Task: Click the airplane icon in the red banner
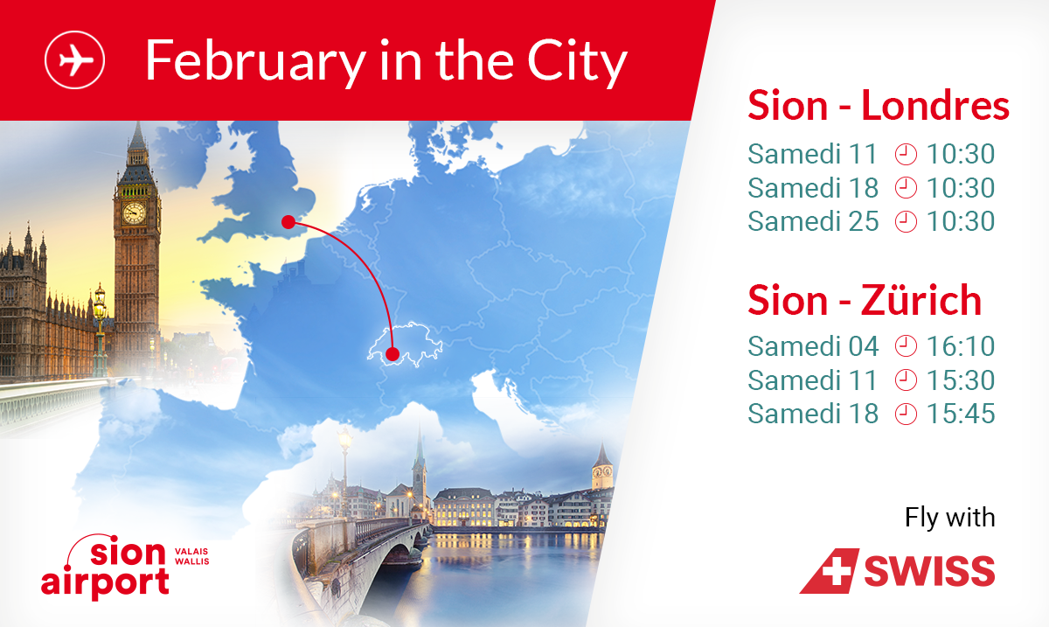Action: [74, 60]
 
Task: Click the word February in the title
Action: [255, 62]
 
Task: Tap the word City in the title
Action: [577, 62]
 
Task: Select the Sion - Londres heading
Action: [878, 106]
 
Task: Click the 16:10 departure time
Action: [961, 346]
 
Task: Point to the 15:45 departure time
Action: [961, 414]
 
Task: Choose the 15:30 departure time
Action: [961, 380]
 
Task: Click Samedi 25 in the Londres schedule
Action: [813, 221]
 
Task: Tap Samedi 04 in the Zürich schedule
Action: [813, 346]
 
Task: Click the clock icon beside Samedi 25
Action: [906, 221]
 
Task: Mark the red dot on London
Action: [288, 222]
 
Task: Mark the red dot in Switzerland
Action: [393, 354]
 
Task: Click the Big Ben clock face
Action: [135, 213]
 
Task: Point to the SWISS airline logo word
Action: [929, 570]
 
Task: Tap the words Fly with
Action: [949, 518]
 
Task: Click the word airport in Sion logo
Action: [105, 583]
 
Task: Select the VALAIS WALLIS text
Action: [192, 556]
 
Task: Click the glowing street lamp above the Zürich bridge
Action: [345, 440]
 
